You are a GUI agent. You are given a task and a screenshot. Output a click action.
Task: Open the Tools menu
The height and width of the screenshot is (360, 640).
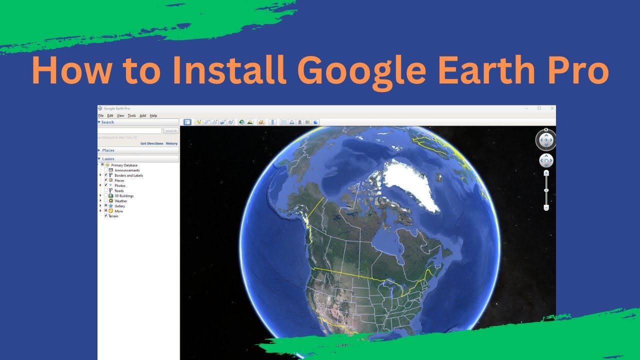[131, 115]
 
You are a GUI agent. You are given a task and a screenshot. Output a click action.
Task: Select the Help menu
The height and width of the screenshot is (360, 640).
[153, 115]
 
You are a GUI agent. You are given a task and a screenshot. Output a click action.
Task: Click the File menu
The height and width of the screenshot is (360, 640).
[100, 115]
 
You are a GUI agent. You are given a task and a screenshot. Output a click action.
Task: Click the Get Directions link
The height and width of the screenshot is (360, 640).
[151, 143]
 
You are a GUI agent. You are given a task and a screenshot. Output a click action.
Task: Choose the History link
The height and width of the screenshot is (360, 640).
[171, 143]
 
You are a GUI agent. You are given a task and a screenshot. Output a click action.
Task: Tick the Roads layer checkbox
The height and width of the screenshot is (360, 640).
[105, 190]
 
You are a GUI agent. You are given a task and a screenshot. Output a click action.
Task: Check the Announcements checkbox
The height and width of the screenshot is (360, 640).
[105, 170]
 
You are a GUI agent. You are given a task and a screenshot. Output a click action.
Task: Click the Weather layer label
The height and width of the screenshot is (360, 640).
[120, 201]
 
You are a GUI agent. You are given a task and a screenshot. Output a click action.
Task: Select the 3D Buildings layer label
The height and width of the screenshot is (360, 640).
[124, 196]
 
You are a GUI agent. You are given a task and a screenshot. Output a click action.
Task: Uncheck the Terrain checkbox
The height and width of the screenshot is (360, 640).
[105, 216]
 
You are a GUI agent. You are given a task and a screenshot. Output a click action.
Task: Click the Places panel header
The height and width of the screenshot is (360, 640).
[108, 150]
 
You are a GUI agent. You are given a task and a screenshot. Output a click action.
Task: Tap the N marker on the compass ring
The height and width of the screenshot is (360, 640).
[546, 130]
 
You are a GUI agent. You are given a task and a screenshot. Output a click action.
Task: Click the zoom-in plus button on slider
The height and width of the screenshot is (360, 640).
[546, 173]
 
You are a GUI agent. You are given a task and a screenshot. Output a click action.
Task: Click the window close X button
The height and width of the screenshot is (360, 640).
[552, 108]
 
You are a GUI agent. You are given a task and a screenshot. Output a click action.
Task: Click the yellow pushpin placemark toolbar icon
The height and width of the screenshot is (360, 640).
[198, 122]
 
